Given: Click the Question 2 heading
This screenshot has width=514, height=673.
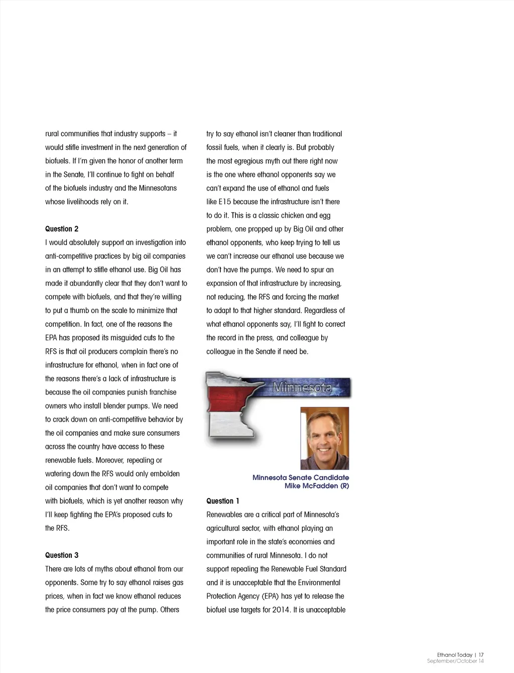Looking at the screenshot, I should tap(62, 229).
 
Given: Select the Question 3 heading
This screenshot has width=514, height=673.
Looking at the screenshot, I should tap(62, 555).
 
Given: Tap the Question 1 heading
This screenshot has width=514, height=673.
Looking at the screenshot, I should tap(223, 501).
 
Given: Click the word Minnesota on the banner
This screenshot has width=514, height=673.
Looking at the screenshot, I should tap(302, 388).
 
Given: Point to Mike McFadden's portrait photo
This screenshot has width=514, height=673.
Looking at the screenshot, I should tap(324, 438).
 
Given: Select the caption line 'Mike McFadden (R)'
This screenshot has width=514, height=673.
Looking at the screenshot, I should tap(316, 486).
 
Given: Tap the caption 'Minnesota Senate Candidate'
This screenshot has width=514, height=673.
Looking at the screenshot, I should tap(300, 477).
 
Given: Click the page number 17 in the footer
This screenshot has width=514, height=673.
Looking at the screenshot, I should tap(481, 655).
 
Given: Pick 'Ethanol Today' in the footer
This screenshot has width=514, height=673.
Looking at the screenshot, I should tap(455, 655).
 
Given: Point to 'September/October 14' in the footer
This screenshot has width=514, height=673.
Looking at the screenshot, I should tap(455, 661).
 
